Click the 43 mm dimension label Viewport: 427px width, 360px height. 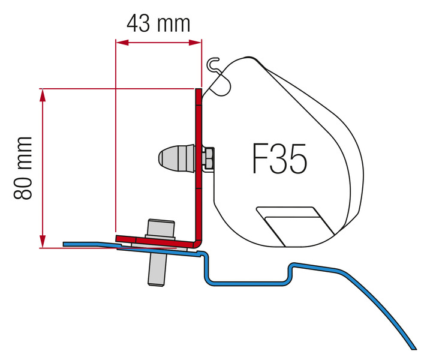pyautogui.click(x=158, y=23)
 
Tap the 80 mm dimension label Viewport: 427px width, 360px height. pyautogui.click(x=23, y=169)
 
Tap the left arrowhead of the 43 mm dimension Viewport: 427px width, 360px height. pyautogui.click(x=119, y=42)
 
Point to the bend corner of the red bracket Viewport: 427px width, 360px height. pyautogui.click(x=197, y=241)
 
